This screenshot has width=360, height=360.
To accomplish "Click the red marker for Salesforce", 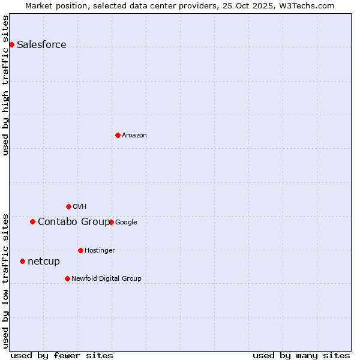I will pos(11,44).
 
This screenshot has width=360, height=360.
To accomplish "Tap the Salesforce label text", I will pos(41,45).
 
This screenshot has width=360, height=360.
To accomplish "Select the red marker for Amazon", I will pos(118,135).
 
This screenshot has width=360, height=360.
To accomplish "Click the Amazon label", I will pos(134,136).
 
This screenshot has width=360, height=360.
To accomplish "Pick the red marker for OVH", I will pos(68,206).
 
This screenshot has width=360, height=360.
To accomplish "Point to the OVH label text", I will pos(79,207).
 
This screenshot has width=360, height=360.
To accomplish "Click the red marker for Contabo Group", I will pos(32,221).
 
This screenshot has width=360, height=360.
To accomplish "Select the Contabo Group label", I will pos(73,222).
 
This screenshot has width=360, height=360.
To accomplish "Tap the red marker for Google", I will pos(111,222).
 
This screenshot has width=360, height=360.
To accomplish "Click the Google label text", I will pos(126,223).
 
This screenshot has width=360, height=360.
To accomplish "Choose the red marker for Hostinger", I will pos(80,250).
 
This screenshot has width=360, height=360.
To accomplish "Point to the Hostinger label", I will pos(100,251).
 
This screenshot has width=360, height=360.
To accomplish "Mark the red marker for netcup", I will pos(22,261).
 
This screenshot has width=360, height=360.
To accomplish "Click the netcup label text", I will pos(44,262).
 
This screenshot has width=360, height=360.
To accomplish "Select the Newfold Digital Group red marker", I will pos(67,278).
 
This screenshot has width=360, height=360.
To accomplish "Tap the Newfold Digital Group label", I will pos(106,279).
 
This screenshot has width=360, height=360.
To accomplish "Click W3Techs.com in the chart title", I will pos(310,6).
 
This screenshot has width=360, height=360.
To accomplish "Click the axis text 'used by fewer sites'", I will pos(62,355).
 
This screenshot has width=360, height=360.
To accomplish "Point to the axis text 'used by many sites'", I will pos(301,355).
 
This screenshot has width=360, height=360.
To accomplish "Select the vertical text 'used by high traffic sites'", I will pos(6,85).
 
